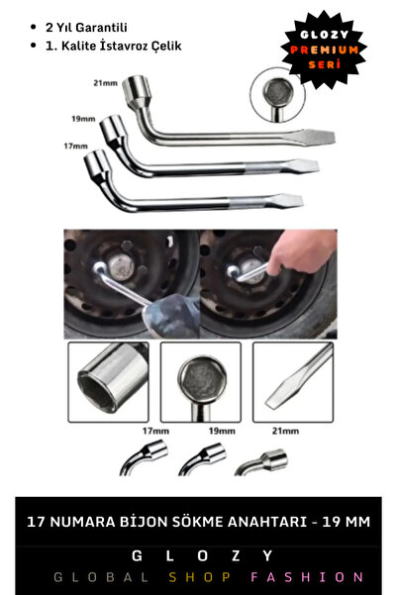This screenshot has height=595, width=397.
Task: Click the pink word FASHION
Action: point(307,576)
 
